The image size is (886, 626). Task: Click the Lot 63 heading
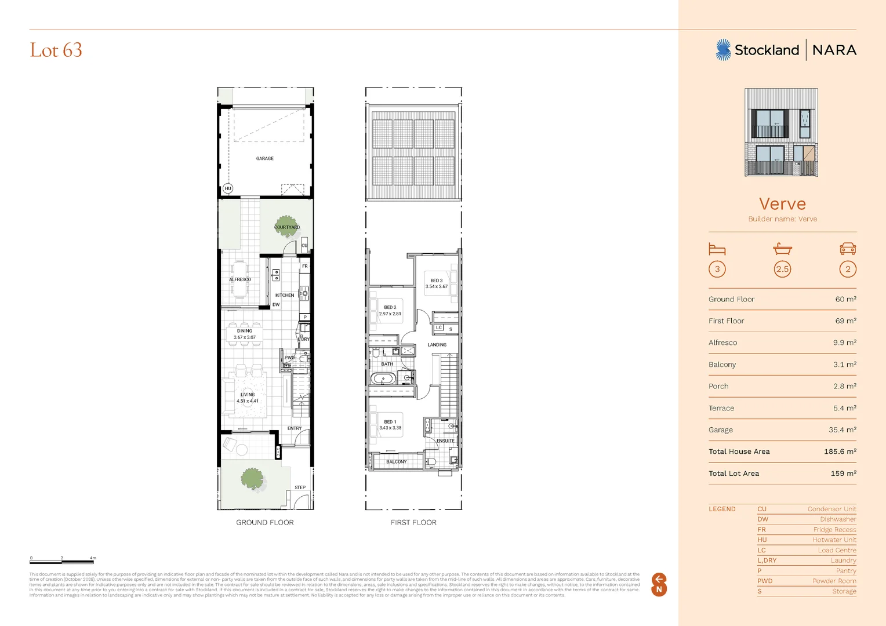[56, 50]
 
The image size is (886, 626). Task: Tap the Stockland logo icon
[723, 50]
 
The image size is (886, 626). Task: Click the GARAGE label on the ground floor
[265, 158]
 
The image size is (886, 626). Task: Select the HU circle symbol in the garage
[228, 188]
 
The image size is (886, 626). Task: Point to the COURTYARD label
[287, 227]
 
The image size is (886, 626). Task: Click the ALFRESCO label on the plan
[240, 279]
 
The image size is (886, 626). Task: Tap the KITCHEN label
[285, 295]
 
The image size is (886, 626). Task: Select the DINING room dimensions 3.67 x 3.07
[245, 337]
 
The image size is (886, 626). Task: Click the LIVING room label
[248, 394]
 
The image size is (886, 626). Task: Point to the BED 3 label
[437, 281]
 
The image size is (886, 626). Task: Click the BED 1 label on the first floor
[390, 422]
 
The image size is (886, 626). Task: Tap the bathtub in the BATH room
[383, 379]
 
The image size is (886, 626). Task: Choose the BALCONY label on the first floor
[397, 462]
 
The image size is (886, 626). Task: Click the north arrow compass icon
[659, 584]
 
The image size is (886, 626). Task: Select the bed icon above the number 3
[717, 249]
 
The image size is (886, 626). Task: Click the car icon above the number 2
[848, 249]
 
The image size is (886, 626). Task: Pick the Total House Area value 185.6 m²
[840, 452]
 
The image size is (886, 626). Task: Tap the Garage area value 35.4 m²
[842, 430]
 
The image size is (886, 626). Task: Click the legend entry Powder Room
[834, 581]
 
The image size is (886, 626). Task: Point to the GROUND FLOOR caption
[265, 522]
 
